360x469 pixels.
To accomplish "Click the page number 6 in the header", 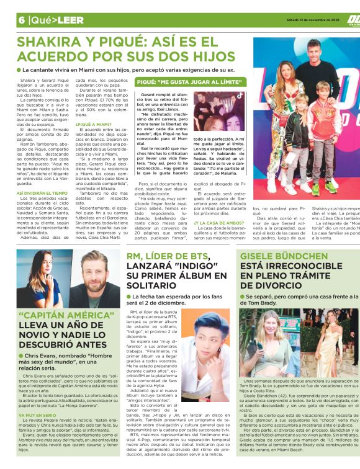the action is (21, 20).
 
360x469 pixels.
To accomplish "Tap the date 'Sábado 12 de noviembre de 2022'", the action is (308, 19).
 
